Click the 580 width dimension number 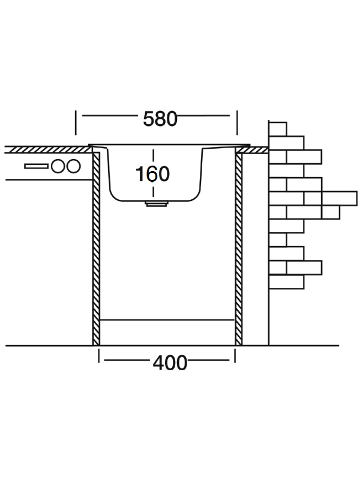click(x=160, y=119)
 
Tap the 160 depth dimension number click(x=152, y=174)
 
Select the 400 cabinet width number click(x=170, y=362)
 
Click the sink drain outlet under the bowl click(x=155, y=204)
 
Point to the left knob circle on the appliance click(x=58, y=166)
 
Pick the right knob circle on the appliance click(x=73, y=166)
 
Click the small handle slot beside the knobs click(x=37, y=166)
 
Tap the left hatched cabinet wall click(x=96, y=252)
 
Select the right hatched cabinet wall click(x=238, y=252)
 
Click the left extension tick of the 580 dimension click(x=76, y=122)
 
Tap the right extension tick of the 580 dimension click(x=237, y=122)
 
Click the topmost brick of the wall click(x=278, y=129)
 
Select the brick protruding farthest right click(x=339, y=198)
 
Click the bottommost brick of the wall click(x=286, y=281)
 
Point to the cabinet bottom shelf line click(x=167, y=320)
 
